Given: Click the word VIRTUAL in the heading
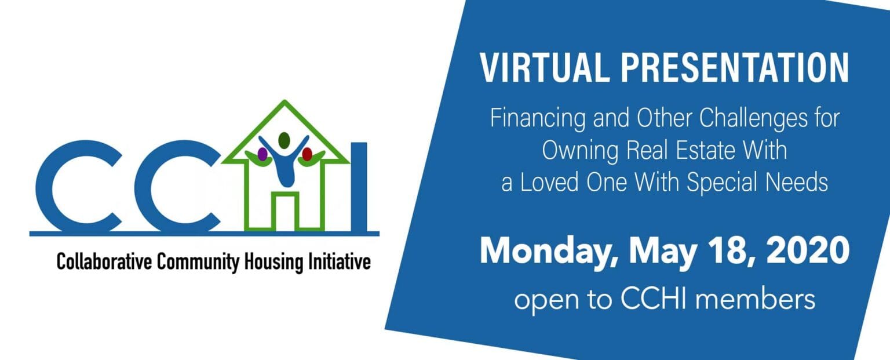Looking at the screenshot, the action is (545, 68).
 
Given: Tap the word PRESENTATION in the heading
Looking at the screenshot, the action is (735, 68).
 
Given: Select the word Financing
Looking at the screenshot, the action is (538, 119).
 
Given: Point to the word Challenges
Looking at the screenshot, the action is (753, 119).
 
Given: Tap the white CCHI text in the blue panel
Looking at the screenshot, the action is (654, 299).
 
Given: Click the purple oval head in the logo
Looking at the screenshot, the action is (262, 154).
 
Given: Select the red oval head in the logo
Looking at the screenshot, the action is (307, 154).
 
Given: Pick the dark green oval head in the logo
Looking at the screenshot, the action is (284, 140).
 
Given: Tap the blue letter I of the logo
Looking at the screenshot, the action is (359, 187).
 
